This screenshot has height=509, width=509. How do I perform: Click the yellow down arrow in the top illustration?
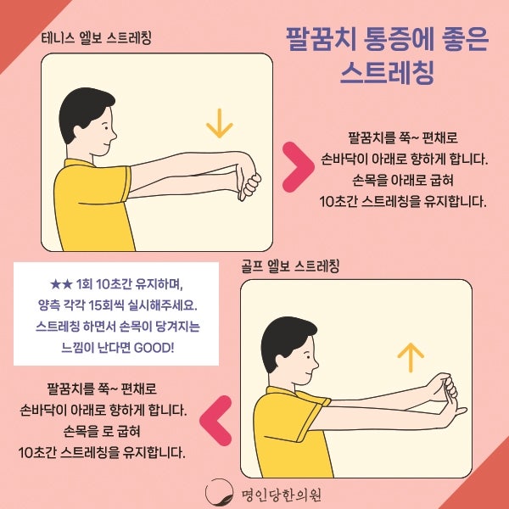(220, 123)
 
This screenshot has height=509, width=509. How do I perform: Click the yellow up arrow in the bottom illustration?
(411, 357)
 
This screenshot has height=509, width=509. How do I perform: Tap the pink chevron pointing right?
(299, 166)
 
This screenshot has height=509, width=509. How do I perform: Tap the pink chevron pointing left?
(215, 421)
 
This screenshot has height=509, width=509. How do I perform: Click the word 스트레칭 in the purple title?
(387, 73)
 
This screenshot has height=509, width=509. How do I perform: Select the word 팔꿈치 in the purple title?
(322, 40)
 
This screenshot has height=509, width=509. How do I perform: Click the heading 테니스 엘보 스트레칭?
(97, 38)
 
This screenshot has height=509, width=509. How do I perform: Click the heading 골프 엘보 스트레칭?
(290, 266)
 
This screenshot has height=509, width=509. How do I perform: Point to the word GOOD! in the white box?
(154, 348)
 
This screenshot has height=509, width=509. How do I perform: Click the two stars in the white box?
(61, 285)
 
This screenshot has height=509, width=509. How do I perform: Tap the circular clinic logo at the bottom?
(219, 493)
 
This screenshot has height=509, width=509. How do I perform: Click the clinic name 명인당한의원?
(281, 495)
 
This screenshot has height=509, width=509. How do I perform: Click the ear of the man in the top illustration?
(78, 131)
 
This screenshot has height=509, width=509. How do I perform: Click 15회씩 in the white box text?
(106, 305)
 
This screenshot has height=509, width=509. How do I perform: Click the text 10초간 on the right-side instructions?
(339, 202)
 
